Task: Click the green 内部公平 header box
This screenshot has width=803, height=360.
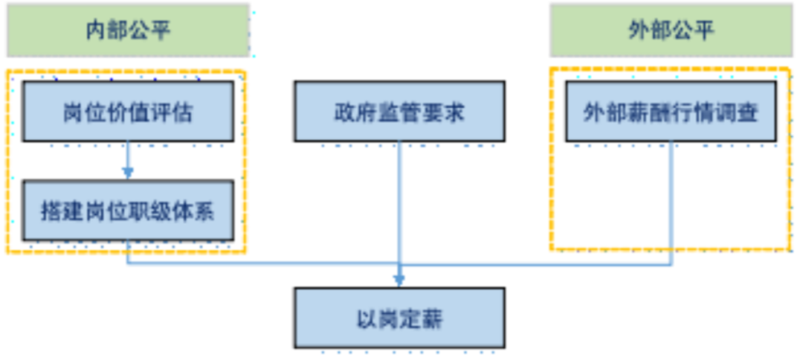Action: [128, 30]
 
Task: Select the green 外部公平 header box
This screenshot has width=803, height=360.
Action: [671, 30]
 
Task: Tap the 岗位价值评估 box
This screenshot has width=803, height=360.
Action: [128, 112]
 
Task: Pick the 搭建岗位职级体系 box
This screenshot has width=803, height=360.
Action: [128, 211]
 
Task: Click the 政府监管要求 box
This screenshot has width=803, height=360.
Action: [399, 112]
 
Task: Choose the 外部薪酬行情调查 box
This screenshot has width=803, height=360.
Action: [671, 112]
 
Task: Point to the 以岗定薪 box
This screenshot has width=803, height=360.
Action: [399, 319]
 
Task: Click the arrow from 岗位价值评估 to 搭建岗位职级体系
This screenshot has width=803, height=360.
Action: [128, 160]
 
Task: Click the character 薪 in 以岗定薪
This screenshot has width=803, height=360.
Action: [432, 319]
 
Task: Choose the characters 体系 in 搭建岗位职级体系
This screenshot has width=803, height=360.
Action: [195, 211]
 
